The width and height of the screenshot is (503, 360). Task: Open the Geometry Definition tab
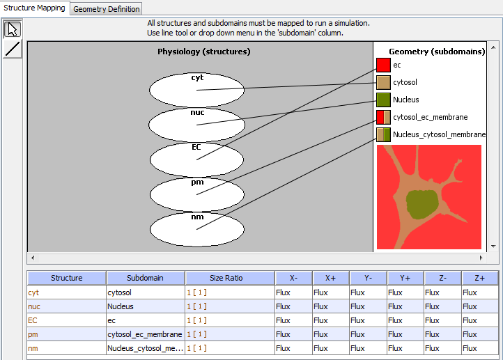106,8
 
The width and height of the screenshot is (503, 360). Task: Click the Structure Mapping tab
34,8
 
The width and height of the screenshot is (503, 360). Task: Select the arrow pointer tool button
13,29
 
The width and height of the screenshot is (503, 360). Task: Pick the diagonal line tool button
13,49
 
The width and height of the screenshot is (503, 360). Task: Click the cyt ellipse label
197,77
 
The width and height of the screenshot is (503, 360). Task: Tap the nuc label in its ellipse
197,113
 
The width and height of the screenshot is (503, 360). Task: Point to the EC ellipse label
196,147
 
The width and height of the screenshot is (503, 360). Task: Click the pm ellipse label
197,182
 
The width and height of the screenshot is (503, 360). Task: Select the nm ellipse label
197,217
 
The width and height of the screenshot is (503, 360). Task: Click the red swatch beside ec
383,65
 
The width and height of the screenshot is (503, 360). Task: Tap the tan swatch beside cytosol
383,82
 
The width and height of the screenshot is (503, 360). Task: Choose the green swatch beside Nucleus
383,100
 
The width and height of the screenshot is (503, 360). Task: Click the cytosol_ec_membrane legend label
430,117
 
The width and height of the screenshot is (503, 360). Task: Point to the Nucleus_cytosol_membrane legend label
439,134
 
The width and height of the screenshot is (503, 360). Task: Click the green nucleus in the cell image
422,205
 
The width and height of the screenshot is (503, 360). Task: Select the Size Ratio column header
226,278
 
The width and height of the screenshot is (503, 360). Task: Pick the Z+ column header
480,278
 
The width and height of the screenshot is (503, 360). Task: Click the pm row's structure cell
66,334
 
